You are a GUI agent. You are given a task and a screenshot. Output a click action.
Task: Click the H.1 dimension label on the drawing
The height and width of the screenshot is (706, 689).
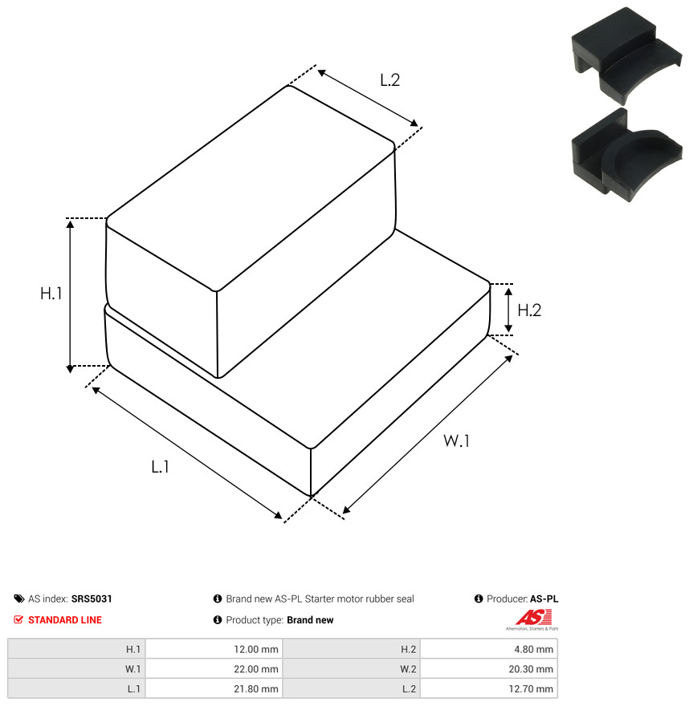click(51, 294)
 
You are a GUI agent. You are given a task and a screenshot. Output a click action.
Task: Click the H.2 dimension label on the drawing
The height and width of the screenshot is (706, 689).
click(529, 310)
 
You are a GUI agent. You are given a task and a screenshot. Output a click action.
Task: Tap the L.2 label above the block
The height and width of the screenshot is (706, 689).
click(389, 80)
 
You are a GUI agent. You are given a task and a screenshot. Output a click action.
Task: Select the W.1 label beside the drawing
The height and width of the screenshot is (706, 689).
click(456, 440)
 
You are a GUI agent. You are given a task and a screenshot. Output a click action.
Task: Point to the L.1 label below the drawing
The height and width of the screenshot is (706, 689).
click(160, 467)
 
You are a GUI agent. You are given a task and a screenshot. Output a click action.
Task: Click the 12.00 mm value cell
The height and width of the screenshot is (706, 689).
click(214, 649)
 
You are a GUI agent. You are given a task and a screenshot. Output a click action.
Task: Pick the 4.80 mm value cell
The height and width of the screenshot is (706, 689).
click(489, 649)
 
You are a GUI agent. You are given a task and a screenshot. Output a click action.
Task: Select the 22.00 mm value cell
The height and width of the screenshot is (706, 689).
click(214, 669)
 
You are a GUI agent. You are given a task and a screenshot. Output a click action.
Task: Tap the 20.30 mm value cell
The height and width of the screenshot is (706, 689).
click(489, 669)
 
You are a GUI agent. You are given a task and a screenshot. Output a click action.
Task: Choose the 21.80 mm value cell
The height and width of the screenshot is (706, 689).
click(214, 689)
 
